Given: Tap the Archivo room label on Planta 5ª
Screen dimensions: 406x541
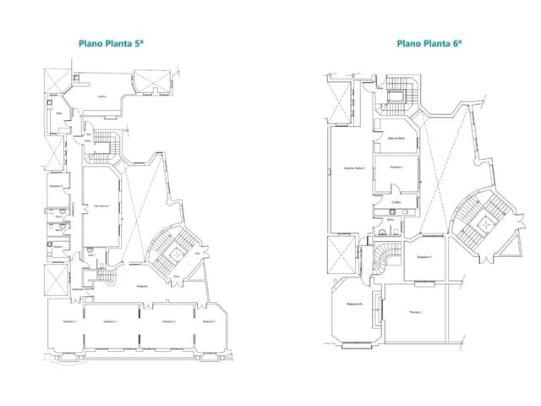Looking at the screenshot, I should point(101,96).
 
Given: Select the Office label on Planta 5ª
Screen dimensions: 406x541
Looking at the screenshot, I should point(60,113).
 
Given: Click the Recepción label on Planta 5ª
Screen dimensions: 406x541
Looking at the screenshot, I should point(143,286).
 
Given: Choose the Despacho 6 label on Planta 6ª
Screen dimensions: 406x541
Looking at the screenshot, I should point(355,304).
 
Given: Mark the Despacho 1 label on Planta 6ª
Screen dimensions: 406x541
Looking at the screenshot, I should point(425,256).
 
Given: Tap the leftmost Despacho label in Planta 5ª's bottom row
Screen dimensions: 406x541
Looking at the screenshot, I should point(69,322).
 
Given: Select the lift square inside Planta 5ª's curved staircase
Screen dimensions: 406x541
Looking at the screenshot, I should point(175,251).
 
